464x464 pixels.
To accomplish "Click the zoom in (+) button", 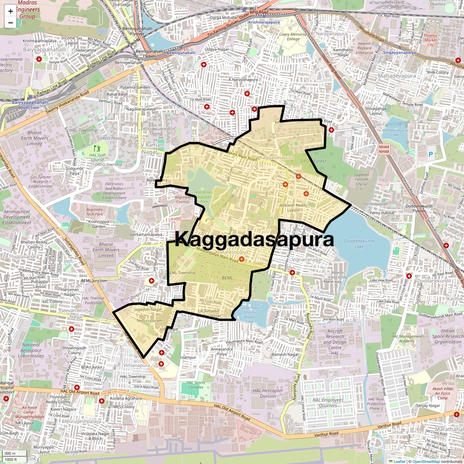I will pyautogui.click(x=10, y=11).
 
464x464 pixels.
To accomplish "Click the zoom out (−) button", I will pyautogui.click(x=10, y=22).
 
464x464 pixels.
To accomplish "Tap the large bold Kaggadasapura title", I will pyautogui.click(x=254, y=239).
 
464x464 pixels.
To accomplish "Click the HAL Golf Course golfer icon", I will pyautogui.click(x=97, y=148).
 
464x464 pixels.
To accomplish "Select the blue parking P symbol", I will pyautogui.click(x=431, y=155).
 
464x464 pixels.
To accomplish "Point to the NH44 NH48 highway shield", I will pyautogui.click(x=384, y=149).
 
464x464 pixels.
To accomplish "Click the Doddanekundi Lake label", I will pyautogui.click(x=359, y=244).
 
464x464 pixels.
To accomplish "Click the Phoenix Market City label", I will pyautogui.click(x=430, y=40).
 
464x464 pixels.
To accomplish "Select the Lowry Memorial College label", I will pyautogui.click(x=293, y=37).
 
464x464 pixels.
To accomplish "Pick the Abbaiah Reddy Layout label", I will pyautogui.click(x=293, y=208).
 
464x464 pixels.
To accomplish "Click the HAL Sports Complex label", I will pyautogui.click(x=196, y=385).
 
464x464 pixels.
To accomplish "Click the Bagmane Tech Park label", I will pyautogui.click(x=95, y=212).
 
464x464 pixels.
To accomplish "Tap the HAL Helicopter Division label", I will pyautogui.click(x=268, y=393).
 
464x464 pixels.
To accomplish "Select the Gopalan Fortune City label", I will pyautogui.click(x=362, y=181).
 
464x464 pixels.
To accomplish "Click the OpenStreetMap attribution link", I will pyautogui.click(x=426, y=461).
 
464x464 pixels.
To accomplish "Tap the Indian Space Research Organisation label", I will pyautogui.click(x=448, y=336).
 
